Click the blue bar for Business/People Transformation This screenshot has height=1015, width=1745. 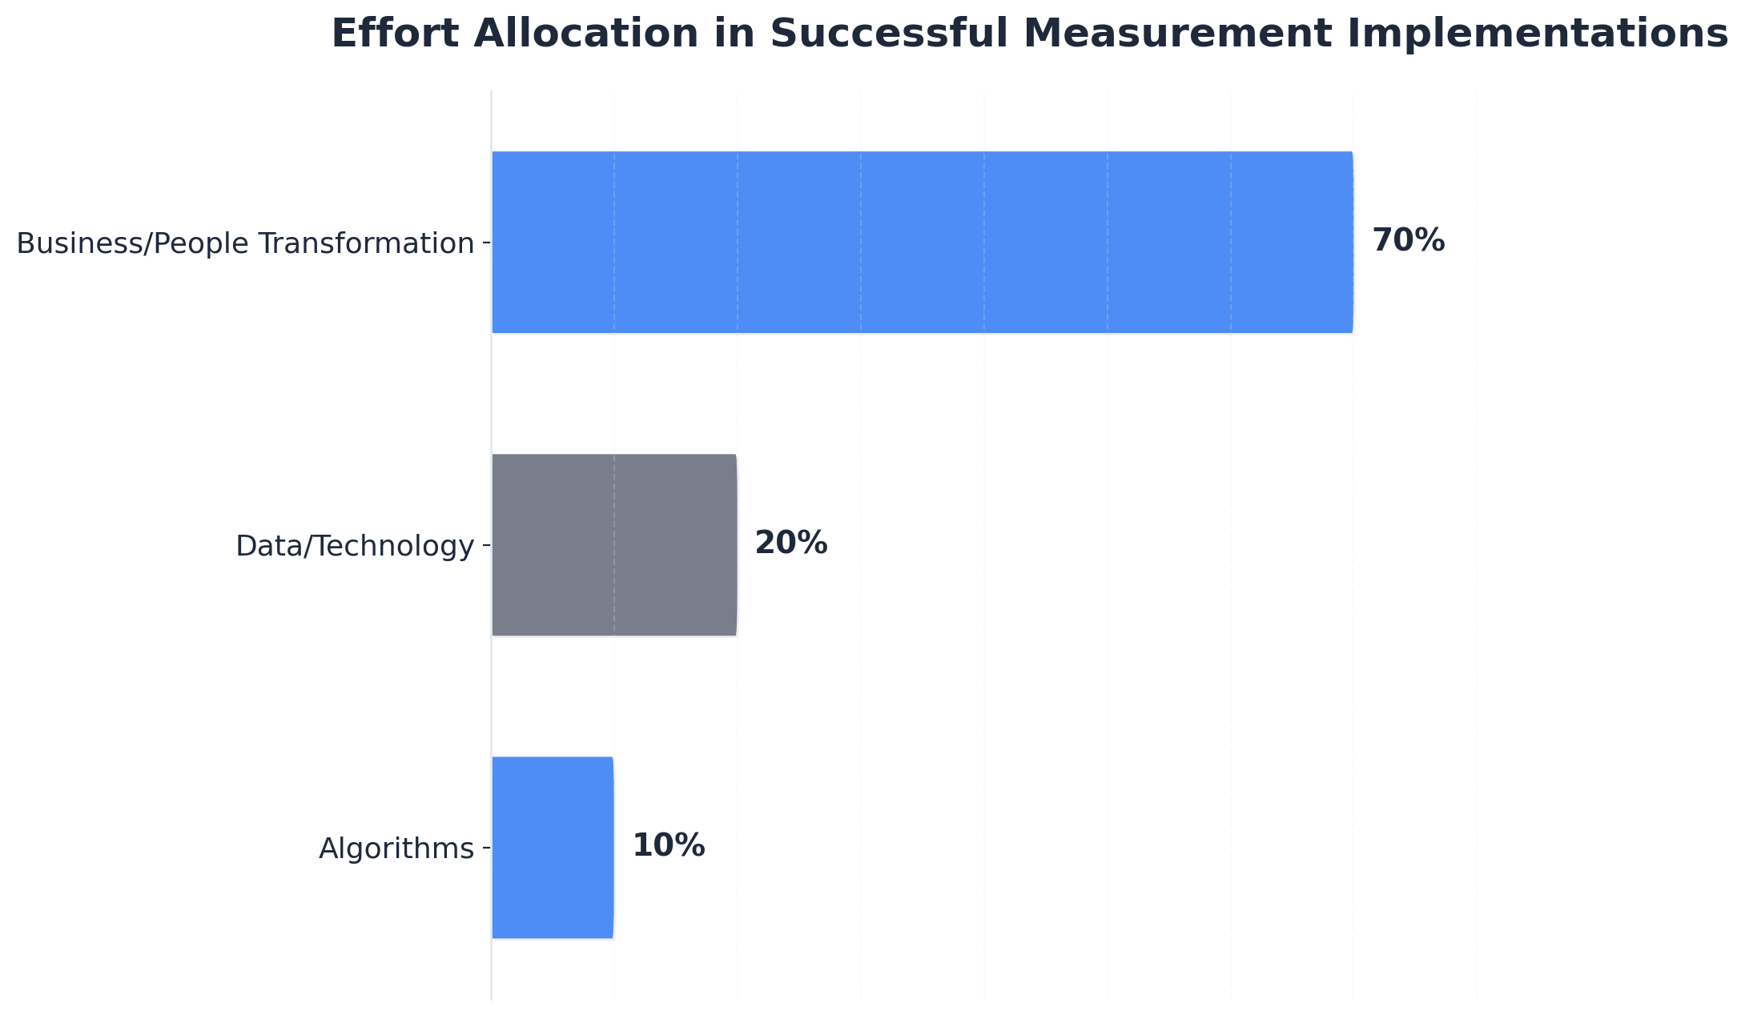pyautogui.click(x=921, y=242)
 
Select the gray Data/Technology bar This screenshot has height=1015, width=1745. pyautogui.click(x=613, y=544)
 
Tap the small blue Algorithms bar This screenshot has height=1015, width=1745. pyautogui.click(x=553, y=847)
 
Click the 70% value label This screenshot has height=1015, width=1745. pyautogui.click(x=1408, y=241)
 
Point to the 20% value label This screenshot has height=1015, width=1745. pyautogui.click(x=790, y=544)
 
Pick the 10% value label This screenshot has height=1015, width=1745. pyautogui.click(x=668, y=846)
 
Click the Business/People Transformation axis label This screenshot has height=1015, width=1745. pyautogui.click(x=245, y=243)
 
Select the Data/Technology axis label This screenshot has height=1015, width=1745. pyautogui.click(x=355, y=546)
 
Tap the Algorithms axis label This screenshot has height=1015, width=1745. pyautogui.click(x=396, y=849)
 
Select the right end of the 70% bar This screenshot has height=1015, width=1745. pyautogui.click(x=1351, y=242)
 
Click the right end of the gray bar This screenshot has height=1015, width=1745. pyautogui.click(x=734, y=544)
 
